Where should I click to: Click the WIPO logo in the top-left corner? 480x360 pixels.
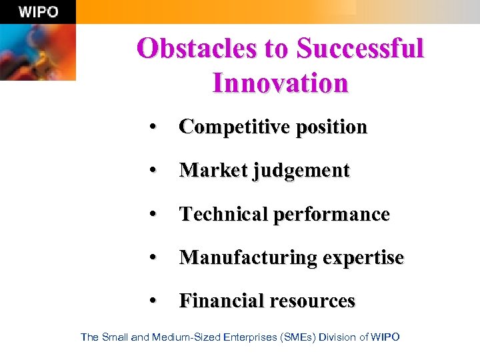38,11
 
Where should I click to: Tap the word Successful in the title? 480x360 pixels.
359,49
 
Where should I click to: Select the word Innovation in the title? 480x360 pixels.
280,83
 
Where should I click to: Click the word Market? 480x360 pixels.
213,171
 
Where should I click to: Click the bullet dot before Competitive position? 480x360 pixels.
154,127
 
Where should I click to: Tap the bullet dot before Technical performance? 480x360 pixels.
154,215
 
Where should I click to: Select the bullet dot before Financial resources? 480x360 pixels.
154,301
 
